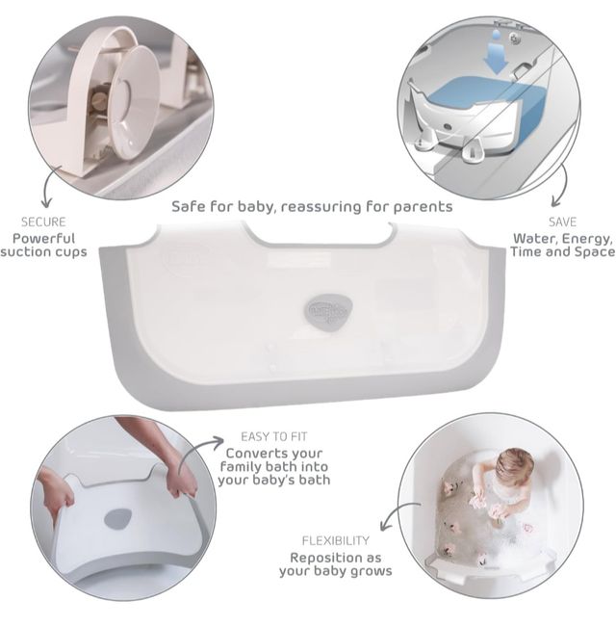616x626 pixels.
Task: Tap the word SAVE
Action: point(563,222)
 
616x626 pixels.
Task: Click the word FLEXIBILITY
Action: point(336,541)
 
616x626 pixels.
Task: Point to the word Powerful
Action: point(44,238)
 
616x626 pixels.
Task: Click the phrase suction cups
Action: point(44,252)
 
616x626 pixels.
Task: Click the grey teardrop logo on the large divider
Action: point(329,310)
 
